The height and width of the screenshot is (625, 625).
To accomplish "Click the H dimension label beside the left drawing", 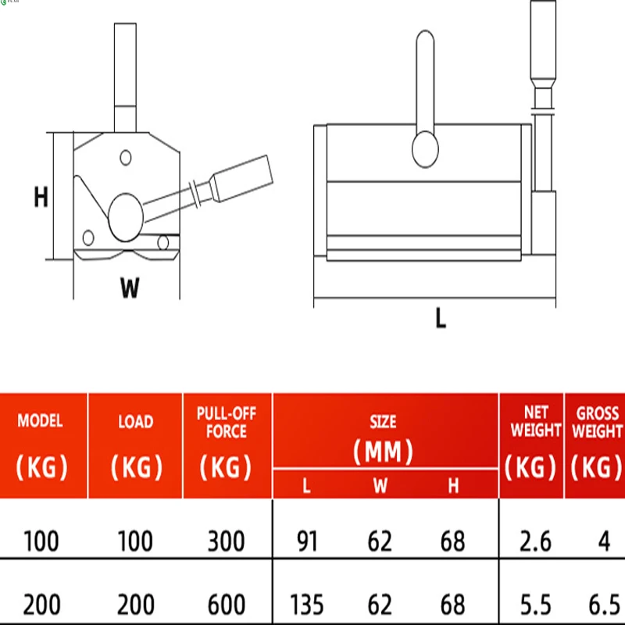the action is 41,198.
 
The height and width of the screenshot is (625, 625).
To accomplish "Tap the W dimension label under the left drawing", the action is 130,288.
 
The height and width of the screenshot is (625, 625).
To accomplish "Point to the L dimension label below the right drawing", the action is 441,318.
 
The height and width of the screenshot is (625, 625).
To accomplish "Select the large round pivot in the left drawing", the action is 125,216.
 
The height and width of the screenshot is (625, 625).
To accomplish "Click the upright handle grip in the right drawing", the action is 543,43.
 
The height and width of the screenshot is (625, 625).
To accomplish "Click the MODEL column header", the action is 40,422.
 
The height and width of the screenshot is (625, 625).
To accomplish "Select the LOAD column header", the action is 135,422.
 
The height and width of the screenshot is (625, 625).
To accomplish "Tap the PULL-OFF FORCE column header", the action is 227,422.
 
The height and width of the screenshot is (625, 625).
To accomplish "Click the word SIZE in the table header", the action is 383,422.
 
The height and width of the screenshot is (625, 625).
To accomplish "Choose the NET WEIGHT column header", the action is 532,422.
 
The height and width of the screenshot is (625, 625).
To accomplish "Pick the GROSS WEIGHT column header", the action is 597,422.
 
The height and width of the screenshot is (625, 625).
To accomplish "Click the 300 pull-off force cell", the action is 227,541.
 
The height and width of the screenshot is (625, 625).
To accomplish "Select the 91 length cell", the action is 307,541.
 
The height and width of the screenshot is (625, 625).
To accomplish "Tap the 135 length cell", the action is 307,604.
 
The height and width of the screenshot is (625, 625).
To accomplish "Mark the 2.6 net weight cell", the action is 532,541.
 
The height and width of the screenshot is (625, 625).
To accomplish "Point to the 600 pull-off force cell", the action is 227,604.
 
